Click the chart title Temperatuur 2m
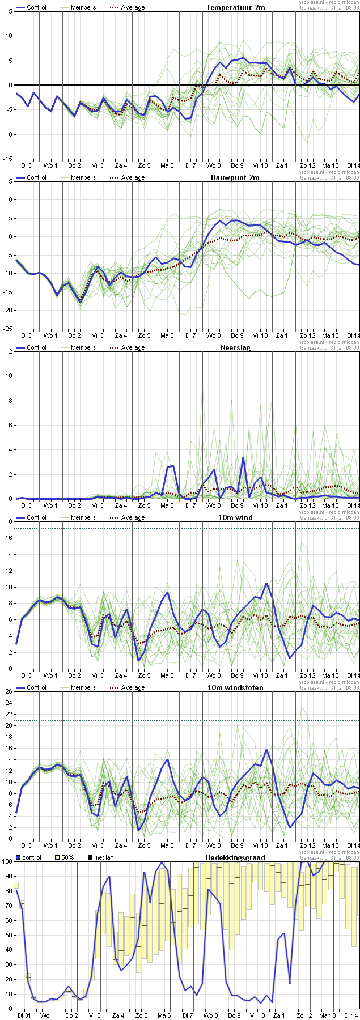[x=235, y=8]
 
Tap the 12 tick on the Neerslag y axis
[x=9, y=351]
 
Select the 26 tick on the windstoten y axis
[x=9, y=691]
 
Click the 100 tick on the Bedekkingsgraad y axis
[x=7, y=862]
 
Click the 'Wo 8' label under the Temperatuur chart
[x=214, y=165]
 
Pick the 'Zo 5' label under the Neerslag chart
[x=144, y=505]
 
